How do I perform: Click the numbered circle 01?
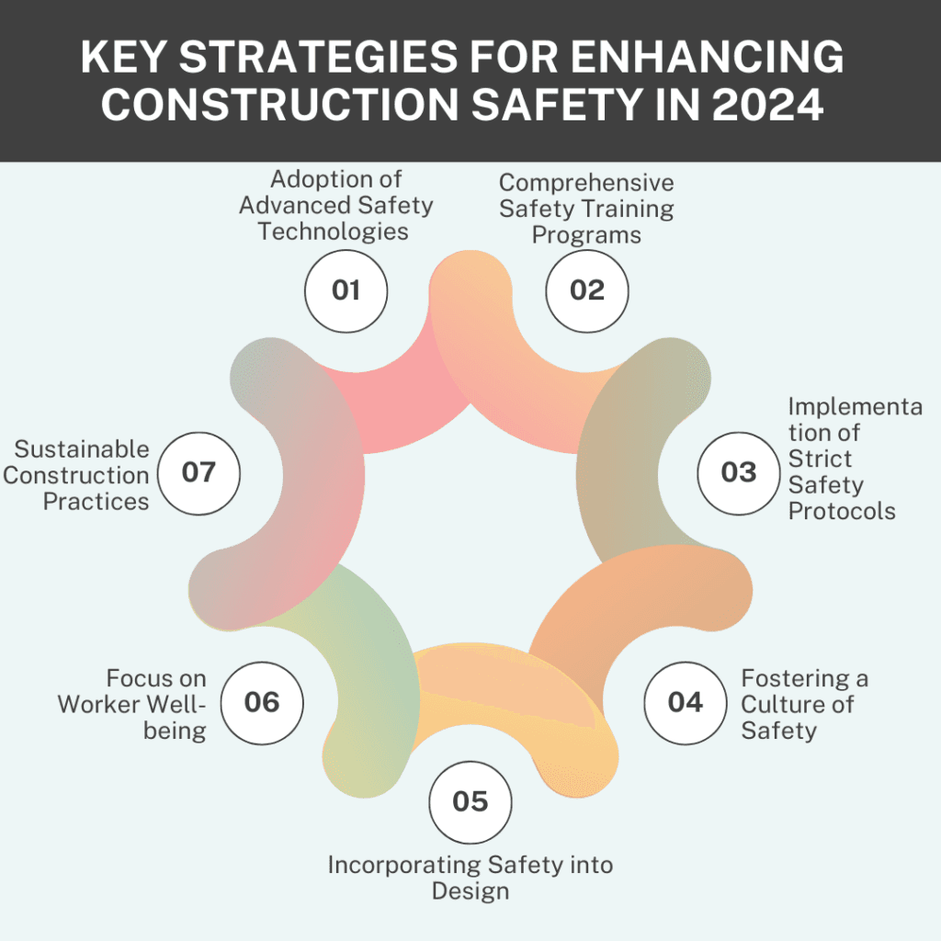(x=346, y=290)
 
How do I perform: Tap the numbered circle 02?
(x=587, y=290)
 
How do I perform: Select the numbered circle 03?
(x=738, y=472)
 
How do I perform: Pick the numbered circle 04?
(x=685, y=702)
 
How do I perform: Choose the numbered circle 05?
(x=470, y=801)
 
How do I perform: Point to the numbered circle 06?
(x=262, y=702)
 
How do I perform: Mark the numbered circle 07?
(x=198, y=472)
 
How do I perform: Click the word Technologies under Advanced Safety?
(x=333, y=231)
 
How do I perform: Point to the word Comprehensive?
(x=586, y=183)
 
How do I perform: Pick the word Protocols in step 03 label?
(x=842, y=511)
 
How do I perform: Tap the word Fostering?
(x=794, y=679)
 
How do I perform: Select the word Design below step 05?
(x=470, y=891)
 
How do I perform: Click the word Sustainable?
(x=82, y=449)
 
